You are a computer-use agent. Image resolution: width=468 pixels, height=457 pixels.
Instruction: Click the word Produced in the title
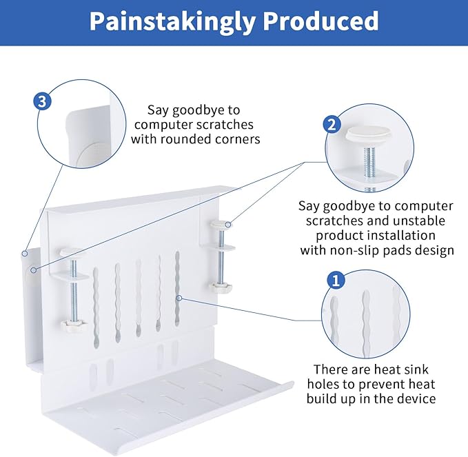(323, 22)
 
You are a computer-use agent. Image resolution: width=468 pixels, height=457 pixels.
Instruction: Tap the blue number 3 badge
(43, 102)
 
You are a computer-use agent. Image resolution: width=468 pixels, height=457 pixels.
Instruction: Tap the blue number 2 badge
(332, 125)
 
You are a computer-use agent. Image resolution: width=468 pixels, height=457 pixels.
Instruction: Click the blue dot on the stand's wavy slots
(179, 298)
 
